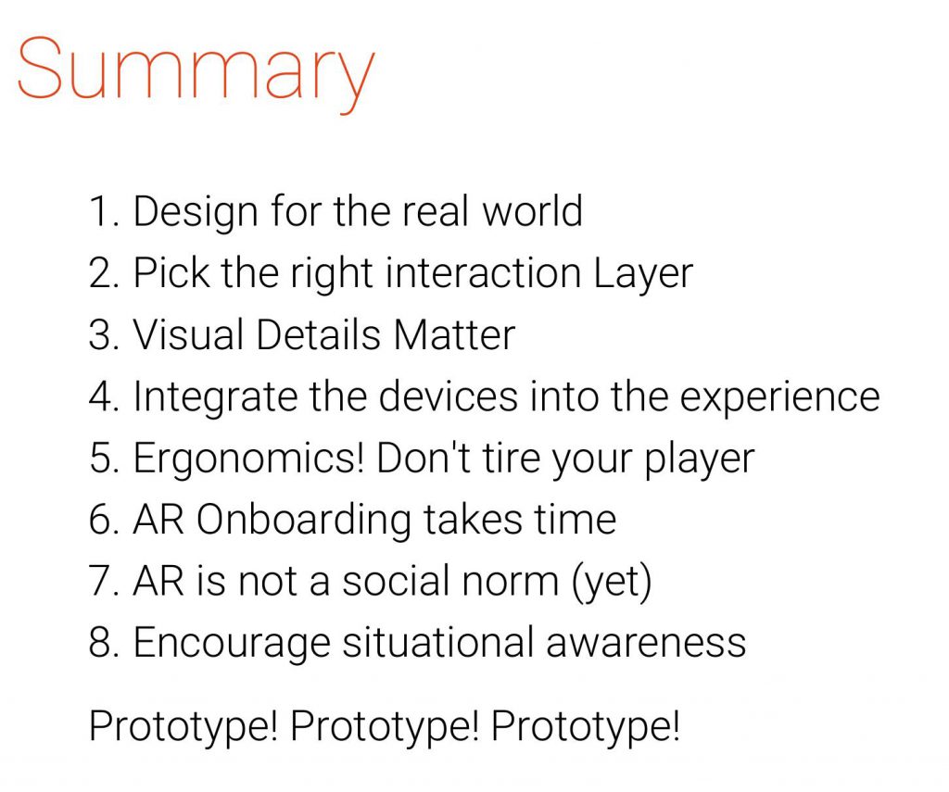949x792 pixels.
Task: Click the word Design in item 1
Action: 195,213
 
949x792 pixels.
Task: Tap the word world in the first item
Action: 532,211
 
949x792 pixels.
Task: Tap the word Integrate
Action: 215,398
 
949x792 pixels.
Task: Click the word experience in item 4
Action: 779,398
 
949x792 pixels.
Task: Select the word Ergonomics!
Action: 248,459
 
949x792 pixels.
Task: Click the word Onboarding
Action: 304,522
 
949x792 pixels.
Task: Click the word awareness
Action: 646,643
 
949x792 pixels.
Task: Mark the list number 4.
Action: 98,397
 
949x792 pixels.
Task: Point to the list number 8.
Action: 98,643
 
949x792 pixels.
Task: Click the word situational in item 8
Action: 438,643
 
